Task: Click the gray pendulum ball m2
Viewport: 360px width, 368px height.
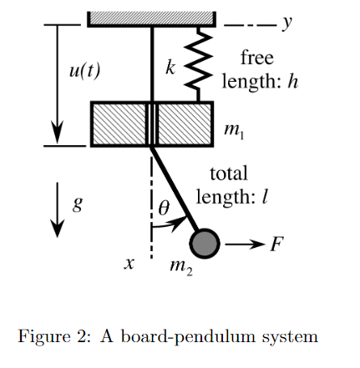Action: (205, 244)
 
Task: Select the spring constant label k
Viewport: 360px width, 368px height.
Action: (170, 68)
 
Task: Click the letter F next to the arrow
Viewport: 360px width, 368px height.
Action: (278, 244)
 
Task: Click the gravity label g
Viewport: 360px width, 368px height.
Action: (78, 202)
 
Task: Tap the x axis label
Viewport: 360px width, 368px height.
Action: (129, 263)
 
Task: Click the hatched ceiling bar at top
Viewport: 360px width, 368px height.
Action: (150, 18)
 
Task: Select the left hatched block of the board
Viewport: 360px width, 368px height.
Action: (119, 124)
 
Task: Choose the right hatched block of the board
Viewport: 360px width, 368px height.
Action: (183, 124)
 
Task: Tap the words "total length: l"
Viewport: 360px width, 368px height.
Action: (231, 186)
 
